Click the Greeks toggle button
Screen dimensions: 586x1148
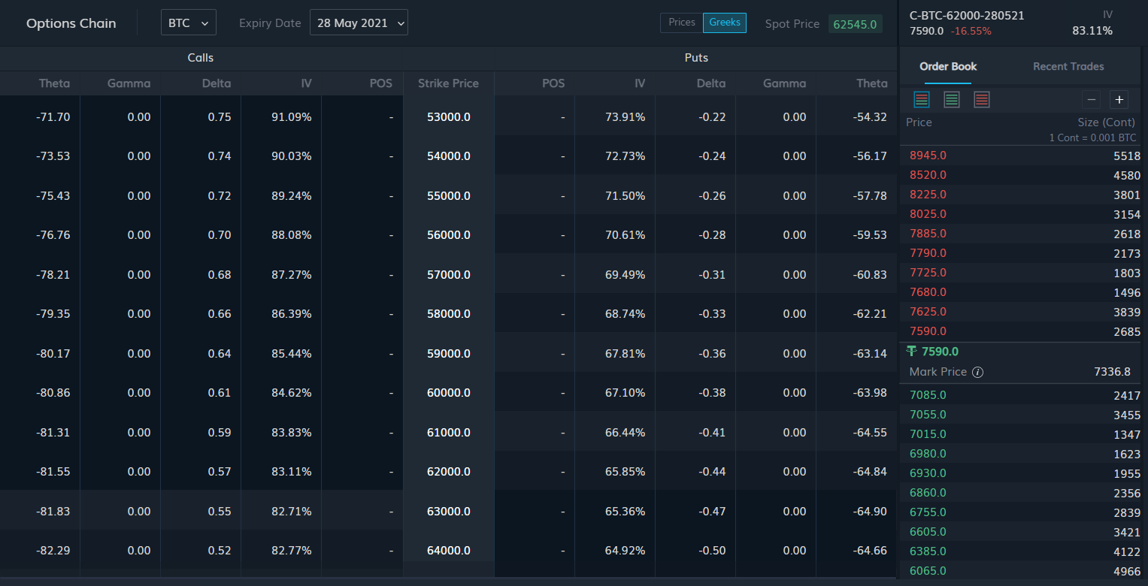pos(725,23)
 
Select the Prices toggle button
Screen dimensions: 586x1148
pos(682,23)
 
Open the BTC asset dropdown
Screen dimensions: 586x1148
pos(189,23)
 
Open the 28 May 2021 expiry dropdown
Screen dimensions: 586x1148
pos(359,23)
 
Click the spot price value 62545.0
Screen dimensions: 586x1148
pos(856,24)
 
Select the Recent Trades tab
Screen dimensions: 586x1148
pos(1068,66)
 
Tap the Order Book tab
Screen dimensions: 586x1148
pos(948,66)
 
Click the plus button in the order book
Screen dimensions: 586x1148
pos(1119,99)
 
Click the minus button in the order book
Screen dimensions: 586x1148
pos(1092,99)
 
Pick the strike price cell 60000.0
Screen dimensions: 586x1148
pos(449,393)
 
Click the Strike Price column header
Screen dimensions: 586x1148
pos(449,83)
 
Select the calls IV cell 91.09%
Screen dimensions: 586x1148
pos(292,117)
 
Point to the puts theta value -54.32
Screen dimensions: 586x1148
pos(871,117)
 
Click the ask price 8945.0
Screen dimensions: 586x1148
pos(928,156)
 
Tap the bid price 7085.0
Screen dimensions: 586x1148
pos(928,395)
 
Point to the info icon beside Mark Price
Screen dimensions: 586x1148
pos(977,372)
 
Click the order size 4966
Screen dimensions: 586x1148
pos(1127,572)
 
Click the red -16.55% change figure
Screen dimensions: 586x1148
pos(971,32)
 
